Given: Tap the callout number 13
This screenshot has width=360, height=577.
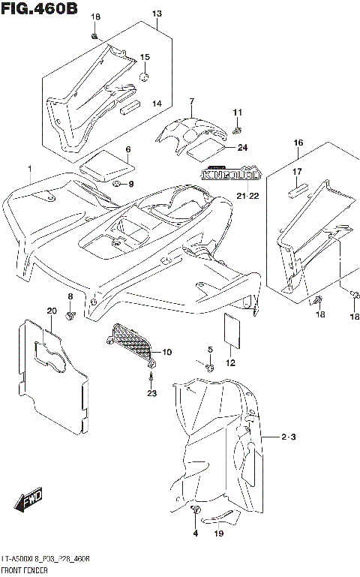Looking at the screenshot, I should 157,14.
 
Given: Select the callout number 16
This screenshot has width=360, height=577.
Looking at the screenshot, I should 298,143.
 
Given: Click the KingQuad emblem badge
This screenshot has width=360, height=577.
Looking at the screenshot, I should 232,174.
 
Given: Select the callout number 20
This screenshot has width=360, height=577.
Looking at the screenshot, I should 51,311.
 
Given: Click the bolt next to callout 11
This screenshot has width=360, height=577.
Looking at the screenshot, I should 235,130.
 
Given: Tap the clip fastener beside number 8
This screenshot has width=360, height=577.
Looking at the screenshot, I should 70,318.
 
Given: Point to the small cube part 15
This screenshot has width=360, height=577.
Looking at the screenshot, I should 143,75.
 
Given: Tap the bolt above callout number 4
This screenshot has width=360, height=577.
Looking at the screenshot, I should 196,512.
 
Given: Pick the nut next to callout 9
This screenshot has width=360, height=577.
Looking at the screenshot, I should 118,184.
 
